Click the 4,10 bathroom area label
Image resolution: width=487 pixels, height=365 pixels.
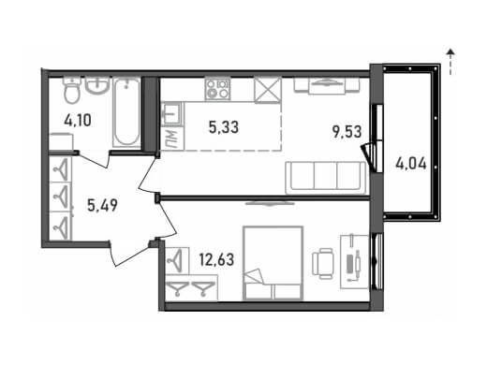[x=78, y=120]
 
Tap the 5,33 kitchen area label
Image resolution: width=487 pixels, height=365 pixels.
[x=224, y=127]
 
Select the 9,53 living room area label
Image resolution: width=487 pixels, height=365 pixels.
[x=347, y=131]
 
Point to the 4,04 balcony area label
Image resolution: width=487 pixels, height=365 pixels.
[x=411, y=164]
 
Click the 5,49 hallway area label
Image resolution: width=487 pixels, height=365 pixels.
[x=102, y=205]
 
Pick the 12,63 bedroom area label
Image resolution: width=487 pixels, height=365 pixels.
[x=216, y=259]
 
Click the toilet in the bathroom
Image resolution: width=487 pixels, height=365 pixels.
[x=72, y=90]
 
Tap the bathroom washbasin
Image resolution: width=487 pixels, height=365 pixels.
[x=97, y=85]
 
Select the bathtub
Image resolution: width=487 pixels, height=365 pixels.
[x=126, y=112]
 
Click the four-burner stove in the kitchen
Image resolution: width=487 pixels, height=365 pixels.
[x=217, y=89]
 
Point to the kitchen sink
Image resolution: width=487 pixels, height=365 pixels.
[x=171, y=114]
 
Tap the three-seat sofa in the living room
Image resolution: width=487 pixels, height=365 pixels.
[x=325, y=177]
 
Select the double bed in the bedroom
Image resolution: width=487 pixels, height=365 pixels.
[x=273, y=263]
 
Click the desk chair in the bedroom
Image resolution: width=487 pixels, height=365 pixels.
[x=323, y=264]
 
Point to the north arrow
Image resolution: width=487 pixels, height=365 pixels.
[x=450, y=62]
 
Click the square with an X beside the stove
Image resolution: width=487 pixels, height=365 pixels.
[x=268, y=90]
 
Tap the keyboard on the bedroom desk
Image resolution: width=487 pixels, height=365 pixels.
[x=350, y=264]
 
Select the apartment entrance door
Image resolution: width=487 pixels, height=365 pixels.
[x=132, y=252]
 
